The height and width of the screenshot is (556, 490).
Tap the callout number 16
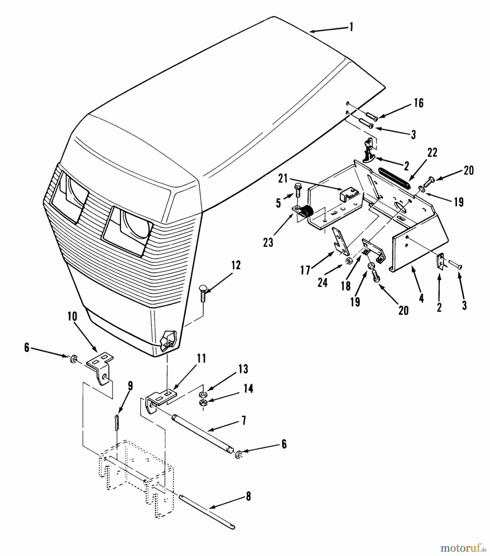[419, 103]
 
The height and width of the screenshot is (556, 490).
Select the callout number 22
[432, 153]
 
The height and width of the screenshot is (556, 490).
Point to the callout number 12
[236, 265]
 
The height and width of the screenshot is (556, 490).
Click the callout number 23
[268, 242]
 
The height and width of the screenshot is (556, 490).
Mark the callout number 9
[130, 386]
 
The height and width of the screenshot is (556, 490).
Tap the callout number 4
[421, 297]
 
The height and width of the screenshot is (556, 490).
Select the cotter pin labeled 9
[117, 427]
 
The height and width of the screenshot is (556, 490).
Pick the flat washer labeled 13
[203, 394]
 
